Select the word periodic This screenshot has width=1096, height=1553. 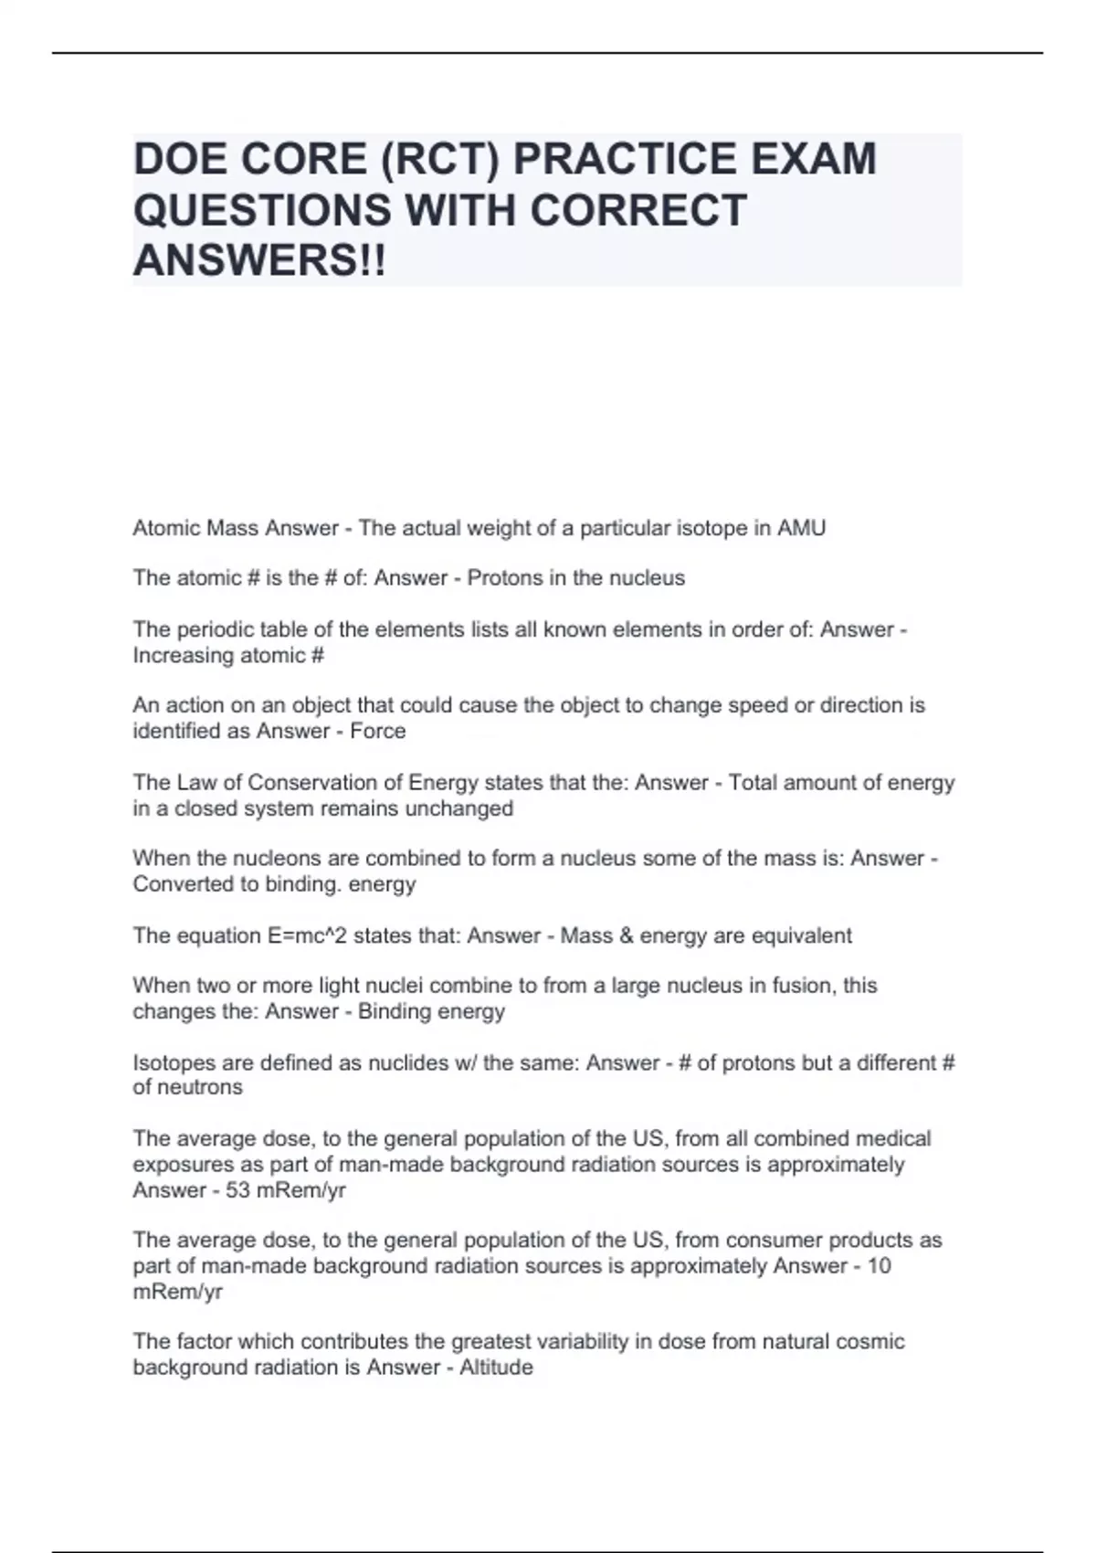coord(215,629)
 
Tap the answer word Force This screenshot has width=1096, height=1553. coord(378,731)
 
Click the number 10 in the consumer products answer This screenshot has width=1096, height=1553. coord(879,1266)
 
